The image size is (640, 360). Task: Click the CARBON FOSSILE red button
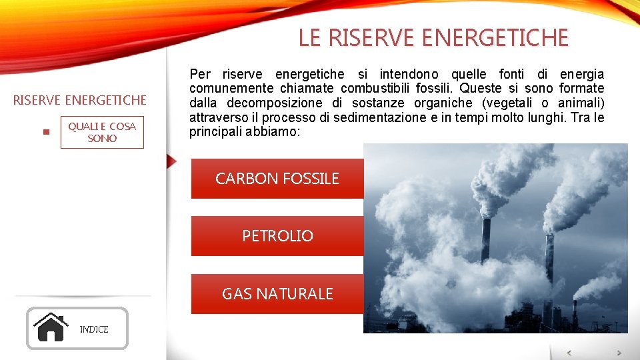(x=277, y=178)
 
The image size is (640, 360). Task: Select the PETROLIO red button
(x=277, y=236)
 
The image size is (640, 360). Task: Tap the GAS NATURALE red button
(x=277, y=294)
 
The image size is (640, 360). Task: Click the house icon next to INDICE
(x=51, y=327)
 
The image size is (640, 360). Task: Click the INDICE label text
(x=94, y=329)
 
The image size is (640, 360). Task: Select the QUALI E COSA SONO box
(x=102, y=132)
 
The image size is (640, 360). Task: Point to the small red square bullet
(x=45, y=132)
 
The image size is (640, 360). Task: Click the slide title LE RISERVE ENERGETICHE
(x=433, y=38)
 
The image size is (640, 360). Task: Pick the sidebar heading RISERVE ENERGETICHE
(x=80, y=100)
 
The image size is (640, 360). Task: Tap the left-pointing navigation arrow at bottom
(x=569, y=353)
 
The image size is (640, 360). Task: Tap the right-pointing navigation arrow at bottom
(x=619, y=353)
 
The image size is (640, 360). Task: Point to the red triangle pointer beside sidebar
(x=172, y=161)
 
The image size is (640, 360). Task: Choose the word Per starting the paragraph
(x=200, y=73)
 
